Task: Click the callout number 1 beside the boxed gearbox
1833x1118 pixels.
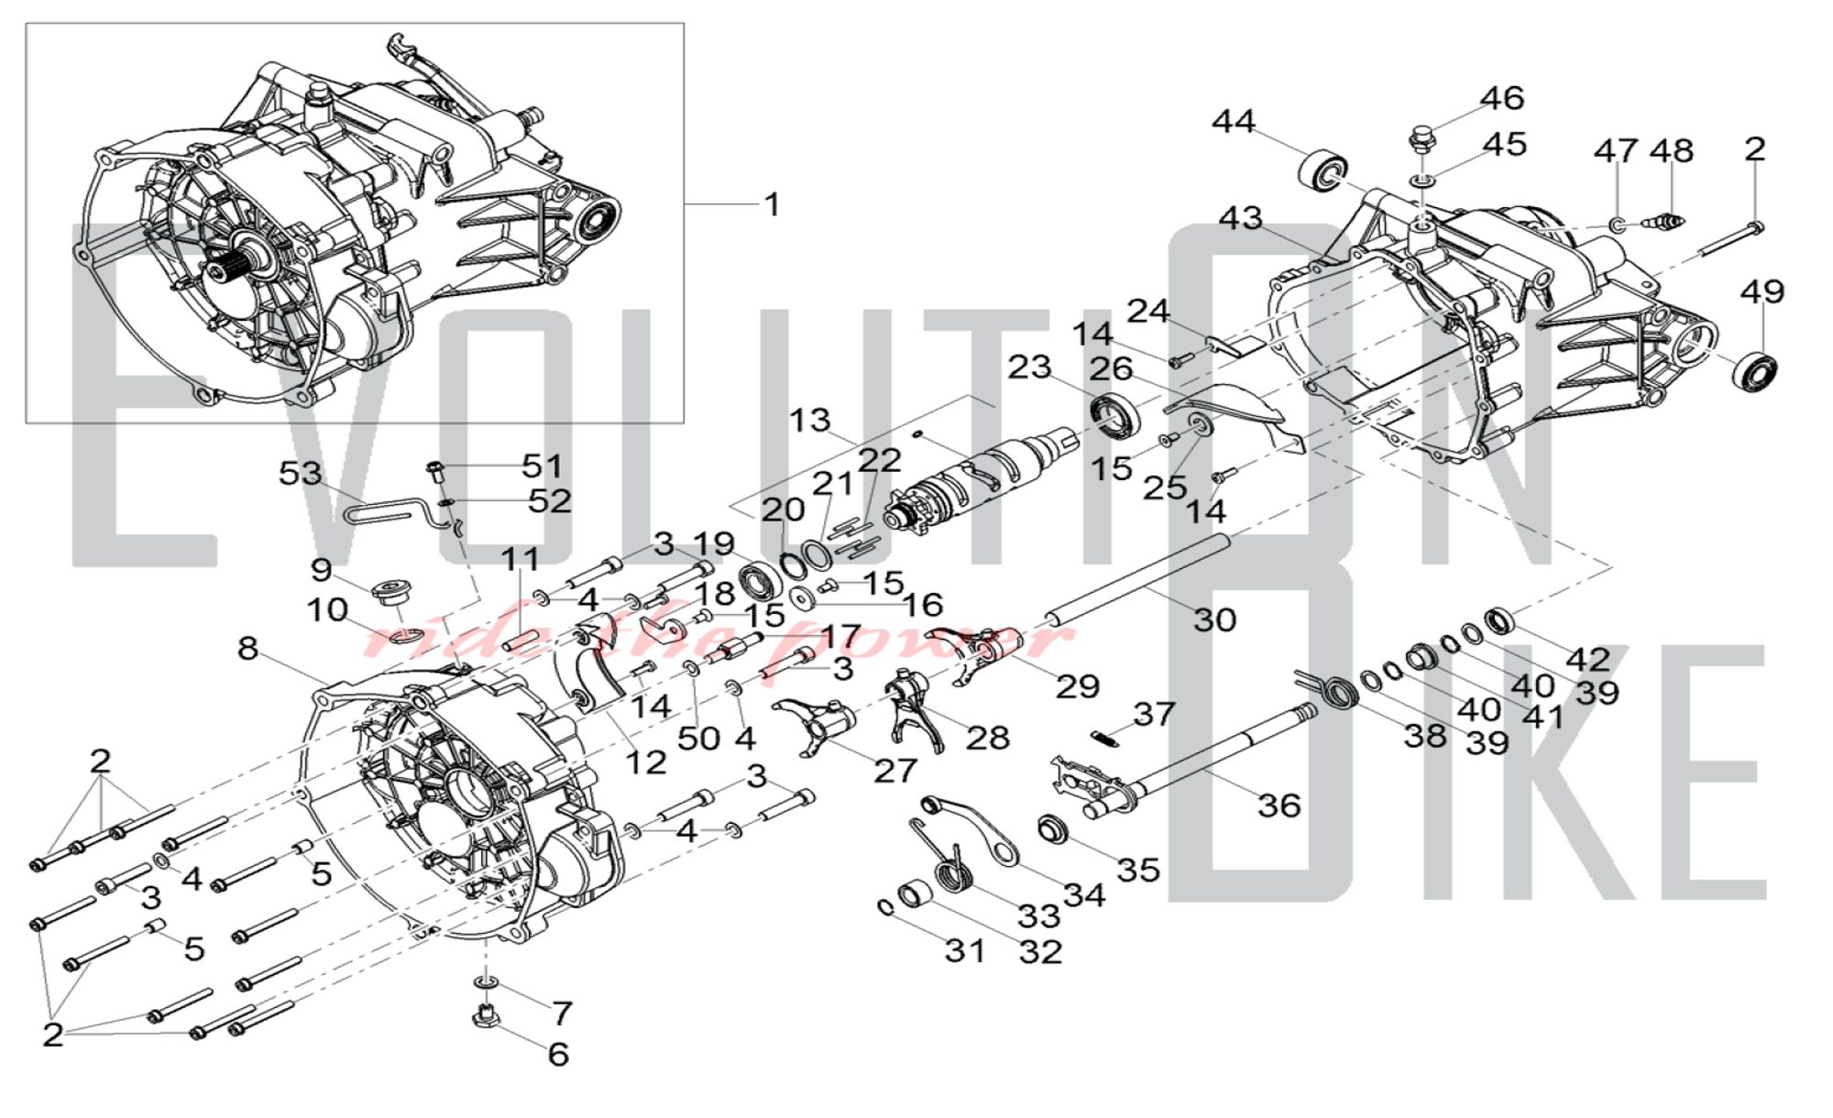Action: pos(773,204)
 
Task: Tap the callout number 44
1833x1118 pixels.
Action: pos(1234,122)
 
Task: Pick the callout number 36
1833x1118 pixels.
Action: pos(1279,806)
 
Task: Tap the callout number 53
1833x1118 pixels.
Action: pos(301,474)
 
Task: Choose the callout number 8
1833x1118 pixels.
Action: pos(247,649)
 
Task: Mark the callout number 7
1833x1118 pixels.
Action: pos(562,1013)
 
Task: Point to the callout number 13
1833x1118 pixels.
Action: pos(809,421)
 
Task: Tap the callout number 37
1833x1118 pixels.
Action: pos(1153,714)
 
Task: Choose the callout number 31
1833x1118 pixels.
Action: pos(965,951)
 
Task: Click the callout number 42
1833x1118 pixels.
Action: pos(1587,659)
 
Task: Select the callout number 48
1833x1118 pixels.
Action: pos(1672,151)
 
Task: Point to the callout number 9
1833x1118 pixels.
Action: pos(321,570)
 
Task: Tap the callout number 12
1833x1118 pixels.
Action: pos(644,762)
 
